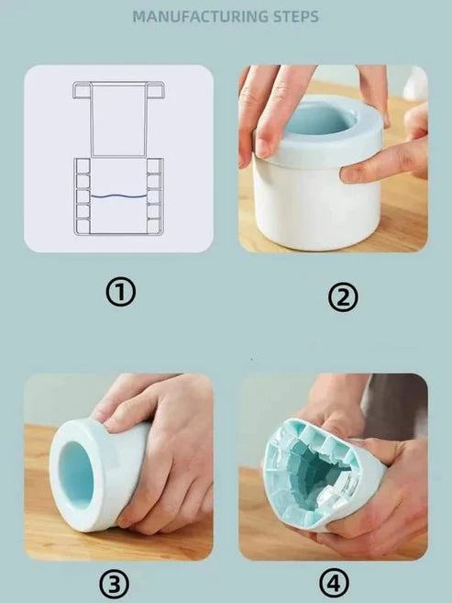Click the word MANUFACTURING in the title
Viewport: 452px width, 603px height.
pos(201,17)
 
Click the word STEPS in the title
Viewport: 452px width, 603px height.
pos(296,17)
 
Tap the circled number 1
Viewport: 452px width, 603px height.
pos(121,292)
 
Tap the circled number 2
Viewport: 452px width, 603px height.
pos(343,297)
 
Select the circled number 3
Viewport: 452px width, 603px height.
pos(115,584)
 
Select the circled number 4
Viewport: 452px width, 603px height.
pos(334,583)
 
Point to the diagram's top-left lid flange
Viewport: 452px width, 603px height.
pos(83,90)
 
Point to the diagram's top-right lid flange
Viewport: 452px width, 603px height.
pos(156,90)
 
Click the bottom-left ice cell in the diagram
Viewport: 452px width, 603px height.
pos(83,226)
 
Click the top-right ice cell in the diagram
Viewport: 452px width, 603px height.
pos(154,166)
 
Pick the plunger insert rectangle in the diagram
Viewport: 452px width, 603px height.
pos(118,119)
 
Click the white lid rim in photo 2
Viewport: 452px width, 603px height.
pos(318,153)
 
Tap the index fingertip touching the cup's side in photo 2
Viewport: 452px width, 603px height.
pos(350,175)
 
